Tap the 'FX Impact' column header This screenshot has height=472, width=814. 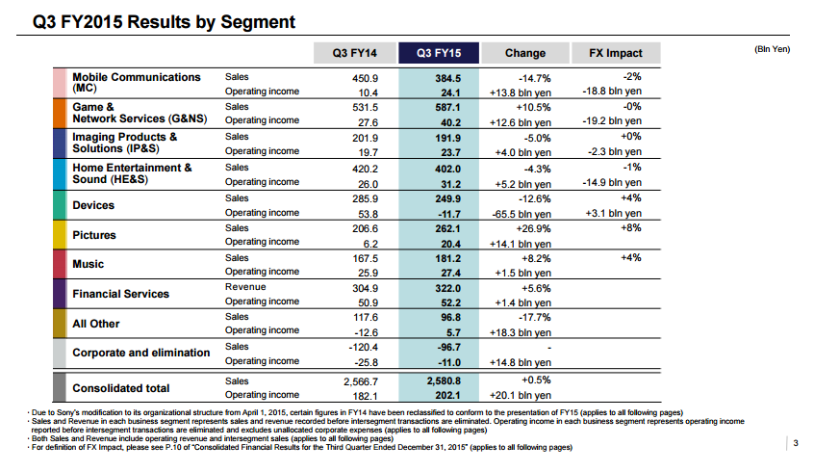tap(608, 53)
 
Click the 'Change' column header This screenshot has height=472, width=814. tap(524, 53)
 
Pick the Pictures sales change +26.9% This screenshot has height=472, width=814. tap(531, 228)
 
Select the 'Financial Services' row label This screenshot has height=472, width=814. tap(120, 294)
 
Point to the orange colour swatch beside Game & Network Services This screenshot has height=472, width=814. tap(59, 114)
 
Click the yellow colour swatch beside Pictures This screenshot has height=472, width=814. tap(59, 235)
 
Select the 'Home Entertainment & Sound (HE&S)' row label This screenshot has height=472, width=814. tap(132, 174)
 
